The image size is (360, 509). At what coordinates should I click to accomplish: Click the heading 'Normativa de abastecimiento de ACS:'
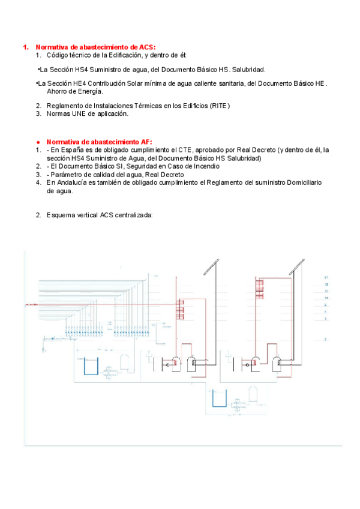95,47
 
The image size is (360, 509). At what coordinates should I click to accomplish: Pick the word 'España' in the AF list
72,150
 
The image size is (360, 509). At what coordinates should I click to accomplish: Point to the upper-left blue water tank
90,366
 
